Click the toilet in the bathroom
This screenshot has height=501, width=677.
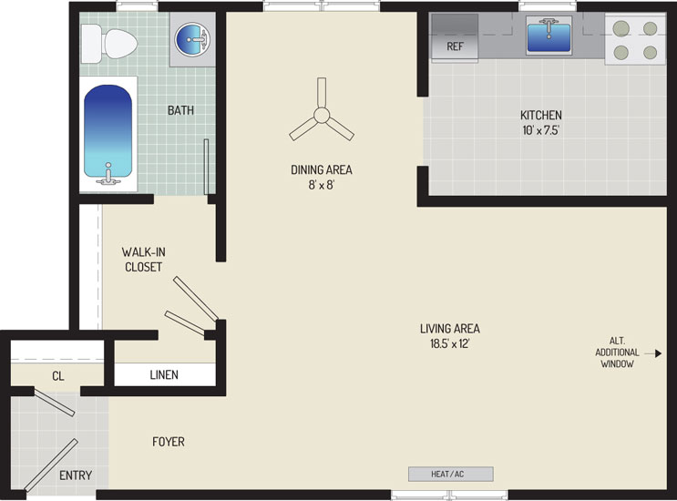click(x=108, y=43)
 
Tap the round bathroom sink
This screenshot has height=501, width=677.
click(x=192, y=39)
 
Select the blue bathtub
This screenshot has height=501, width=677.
click(x=108, y=131)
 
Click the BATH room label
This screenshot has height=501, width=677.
click(x=180, y=110)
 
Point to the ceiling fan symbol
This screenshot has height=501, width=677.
click(x=322, y=113)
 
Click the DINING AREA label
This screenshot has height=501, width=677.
click(x=322, y=170)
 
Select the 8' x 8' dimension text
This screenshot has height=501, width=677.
click(x=322, y=185)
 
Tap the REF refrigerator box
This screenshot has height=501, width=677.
click(x=455, y=38)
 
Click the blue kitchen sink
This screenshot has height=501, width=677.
click(x=549, y=36)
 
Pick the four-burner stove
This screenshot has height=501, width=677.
click(x=635, y=40)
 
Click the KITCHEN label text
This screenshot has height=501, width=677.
click(x=540, y=115)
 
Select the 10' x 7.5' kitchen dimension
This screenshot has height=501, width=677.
click(x=540, y=130)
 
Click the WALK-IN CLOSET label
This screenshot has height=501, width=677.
click(x=143, y=260)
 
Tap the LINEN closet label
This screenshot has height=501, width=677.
click(x=164, y=375)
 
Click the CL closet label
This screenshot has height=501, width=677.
click(x=58, y=376)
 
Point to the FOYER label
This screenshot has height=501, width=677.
click(x=169, y=442)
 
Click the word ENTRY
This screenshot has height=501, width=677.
click(x=76, y=475)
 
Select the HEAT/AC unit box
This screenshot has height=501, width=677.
click(x=451, y=474)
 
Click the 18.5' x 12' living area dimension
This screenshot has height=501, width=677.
click(x=449, y=344)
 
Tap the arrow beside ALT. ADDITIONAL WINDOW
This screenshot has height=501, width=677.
click(x=652, y=353)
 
